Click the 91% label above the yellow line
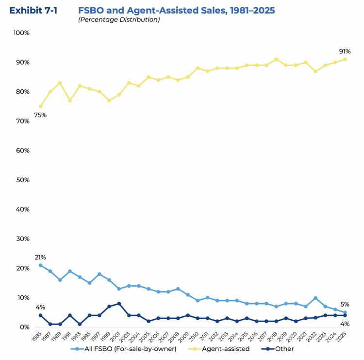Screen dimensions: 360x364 tap(345, 51)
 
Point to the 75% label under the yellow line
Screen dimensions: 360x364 tap(40, 115)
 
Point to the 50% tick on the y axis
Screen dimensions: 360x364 tap(22, 180)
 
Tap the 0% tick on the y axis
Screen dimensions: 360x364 tap(24, 327)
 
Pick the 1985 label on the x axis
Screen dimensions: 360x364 tap(38, 335)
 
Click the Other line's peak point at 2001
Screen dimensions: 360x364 tap(119, 304)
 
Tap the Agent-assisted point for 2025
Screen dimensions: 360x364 tap(345, 59)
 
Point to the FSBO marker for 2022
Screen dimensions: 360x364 tap(315, 298)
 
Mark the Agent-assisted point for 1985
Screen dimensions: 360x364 tap(40, 106)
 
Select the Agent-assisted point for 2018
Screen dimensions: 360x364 tap(276, 59)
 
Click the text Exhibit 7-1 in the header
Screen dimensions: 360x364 tap(33, 10)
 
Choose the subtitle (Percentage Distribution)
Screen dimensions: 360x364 tap(119, 20)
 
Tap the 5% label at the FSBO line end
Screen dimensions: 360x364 tap(345, 305)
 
